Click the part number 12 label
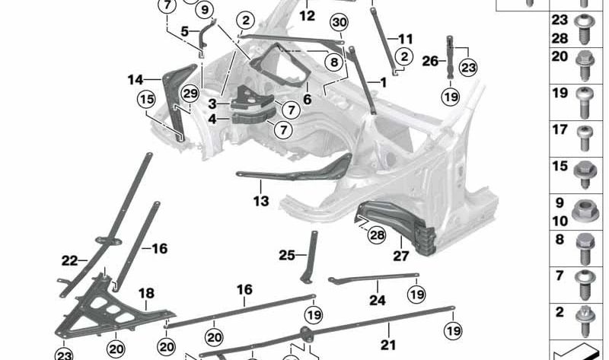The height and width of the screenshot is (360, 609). click(x=306, y=15)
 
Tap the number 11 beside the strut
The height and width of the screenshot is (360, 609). click(x=405, y=39)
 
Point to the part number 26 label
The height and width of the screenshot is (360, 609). click(x=430, y=60)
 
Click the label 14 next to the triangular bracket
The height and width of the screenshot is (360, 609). click(x=136, y=79)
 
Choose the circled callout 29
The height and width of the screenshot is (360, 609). click(x=190, y=93)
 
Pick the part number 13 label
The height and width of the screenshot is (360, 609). click(x=261, y=202)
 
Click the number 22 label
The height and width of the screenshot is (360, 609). click(x=70, y=261)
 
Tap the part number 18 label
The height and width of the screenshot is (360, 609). click(x=145, y=293)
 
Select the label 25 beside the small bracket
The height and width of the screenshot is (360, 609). click(x=286, y=256)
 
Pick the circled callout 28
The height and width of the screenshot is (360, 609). click(x=377, y=235)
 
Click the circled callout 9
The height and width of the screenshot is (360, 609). click(x=204, y=10)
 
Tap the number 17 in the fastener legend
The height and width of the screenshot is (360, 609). click(x=560, y=130)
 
